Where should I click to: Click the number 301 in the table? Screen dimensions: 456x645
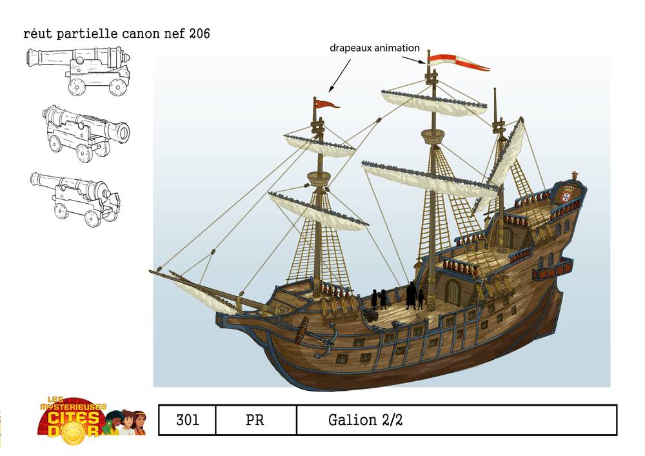[x=187, y=421]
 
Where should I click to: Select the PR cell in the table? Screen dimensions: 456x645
[x=255, y=421]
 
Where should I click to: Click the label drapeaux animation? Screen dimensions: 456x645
[x=375, y=48]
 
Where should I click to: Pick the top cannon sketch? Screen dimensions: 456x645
[x=79, y=69]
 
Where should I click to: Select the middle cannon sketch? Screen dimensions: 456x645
[x=86, y=132]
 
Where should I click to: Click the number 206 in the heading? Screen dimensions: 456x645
[x=196, y=34]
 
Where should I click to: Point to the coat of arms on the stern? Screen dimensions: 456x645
[x=567, y=193]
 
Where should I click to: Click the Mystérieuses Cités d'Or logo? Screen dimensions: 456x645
[x=90, y=417]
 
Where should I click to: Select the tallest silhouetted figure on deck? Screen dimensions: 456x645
[x=411, y=295]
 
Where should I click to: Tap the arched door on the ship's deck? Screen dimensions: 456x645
[x=453, y=292]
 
